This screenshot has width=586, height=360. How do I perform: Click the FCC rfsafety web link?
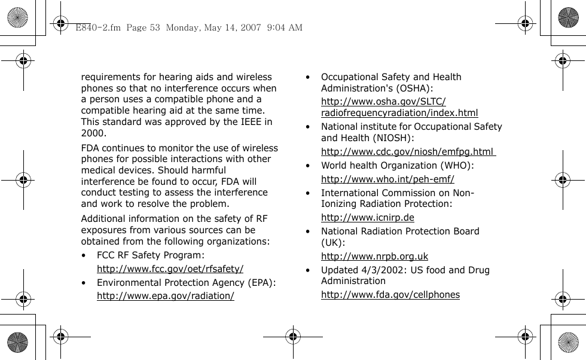170,269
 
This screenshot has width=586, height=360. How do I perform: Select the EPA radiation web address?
166,296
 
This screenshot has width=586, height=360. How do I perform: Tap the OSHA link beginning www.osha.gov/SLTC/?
383,102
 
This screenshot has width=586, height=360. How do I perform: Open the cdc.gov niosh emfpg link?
408,151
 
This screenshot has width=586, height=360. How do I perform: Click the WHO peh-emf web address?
387,179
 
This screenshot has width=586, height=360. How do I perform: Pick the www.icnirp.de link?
368,217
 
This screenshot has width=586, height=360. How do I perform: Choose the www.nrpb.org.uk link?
374,257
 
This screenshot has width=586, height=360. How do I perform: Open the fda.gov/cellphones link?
390,294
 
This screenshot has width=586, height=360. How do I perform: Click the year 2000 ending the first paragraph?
93,133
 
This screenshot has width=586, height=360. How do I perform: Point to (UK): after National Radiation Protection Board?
333,242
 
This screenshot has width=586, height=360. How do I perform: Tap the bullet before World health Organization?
307,166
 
